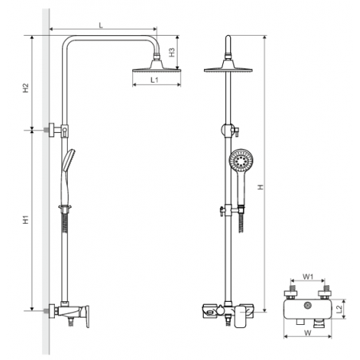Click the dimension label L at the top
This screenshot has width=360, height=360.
100,25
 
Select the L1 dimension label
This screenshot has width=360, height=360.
155,80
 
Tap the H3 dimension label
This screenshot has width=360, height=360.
172,53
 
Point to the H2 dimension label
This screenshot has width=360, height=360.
25,88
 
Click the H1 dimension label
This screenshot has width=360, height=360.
25,220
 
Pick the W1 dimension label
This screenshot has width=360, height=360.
308,276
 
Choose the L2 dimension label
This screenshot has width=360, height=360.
339,309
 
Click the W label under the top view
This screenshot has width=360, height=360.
307,333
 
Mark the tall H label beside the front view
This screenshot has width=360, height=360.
261,187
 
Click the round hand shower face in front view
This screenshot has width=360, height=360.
241,161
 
